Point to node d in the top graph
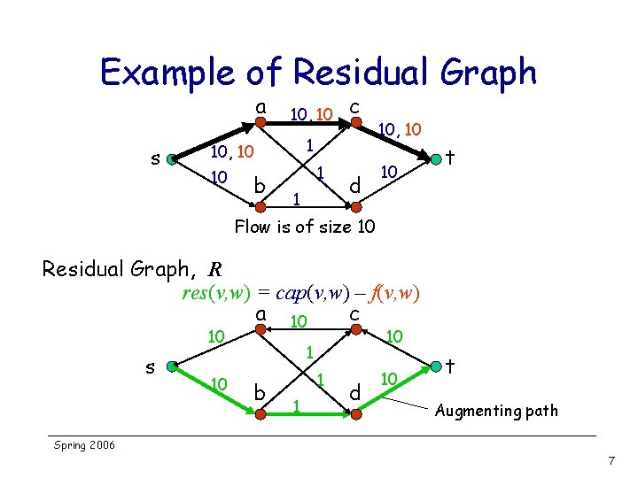tap(354, 207)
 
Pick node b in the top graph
tap(261, 207)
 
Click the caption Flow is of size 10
tap(304, 227)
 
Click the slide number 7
tap(611, 461)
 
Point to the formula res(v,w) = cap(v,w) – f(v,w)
tap(300, 293)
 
